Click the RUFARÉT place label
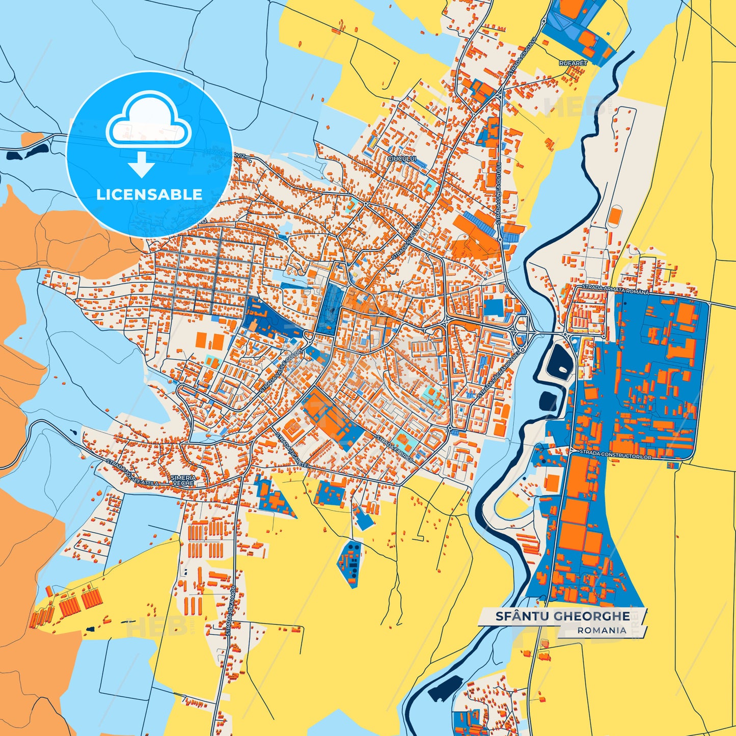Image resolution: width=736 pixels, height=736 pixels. click(573, 63)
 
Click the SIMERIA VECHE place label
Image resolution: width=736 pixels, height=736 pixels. click(183, 480)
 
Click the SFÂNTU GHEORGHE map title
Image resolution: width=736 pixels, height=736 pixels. click(562, 616)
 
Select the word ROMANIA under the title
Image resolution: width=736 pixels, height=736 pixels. click(602, 631)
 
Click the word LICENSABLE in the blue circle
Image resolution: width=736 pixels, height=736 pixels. click(149, 194)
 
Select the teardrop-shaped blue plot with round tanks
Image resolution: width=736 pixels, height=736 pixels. click(351, 562)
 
